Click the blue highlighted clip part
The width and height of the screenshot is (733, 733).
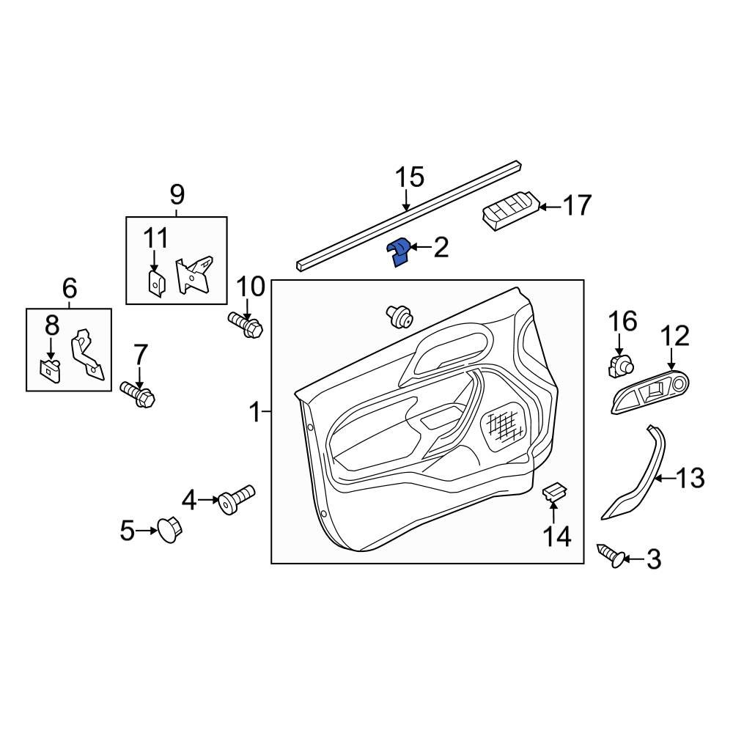[397, 253]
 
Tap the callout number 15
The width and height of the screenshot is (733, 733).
[410, 177]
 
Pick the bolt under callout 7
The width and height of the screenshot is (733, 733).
[138, 394]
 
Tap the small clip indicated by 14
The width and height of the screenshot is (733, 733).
[554, 493]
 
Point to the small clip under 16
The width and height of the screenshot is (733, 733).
[620, 364]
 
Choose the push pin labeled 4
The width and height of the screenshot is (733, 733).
[237, 498]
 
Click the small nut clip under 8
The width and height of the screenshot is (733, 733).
[50, 370]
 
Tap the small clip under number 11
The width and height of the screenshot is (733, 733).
[155, 282]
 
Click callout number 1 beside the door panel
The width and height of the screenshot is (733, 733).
[255, 412]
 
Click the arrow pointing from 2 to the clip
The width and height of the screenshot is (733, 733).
[420, 246]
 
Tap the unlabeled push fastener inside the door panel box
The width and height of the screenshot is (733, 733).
[399, 316]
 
